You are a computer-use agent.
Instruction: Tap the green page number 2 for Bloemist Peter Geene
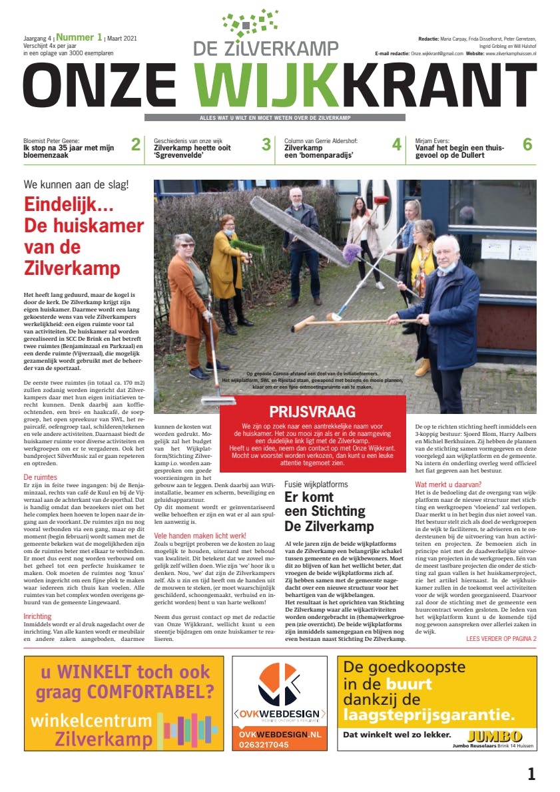point(135,144)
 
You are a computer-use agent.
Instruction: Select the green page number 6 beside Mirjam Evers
point(527,144)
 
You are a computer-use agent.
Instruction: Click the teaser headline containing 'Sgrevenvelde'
point(192,152)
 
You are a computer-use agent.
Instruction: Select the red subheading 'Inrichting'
point(37,616)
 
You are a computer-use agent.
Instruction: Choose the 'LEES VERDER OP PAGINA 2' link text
point(501,639)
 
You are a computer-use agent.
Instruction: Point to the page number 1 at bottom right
point(531,773)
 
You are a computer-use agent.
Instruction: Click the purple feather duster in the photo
point(352,253)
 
